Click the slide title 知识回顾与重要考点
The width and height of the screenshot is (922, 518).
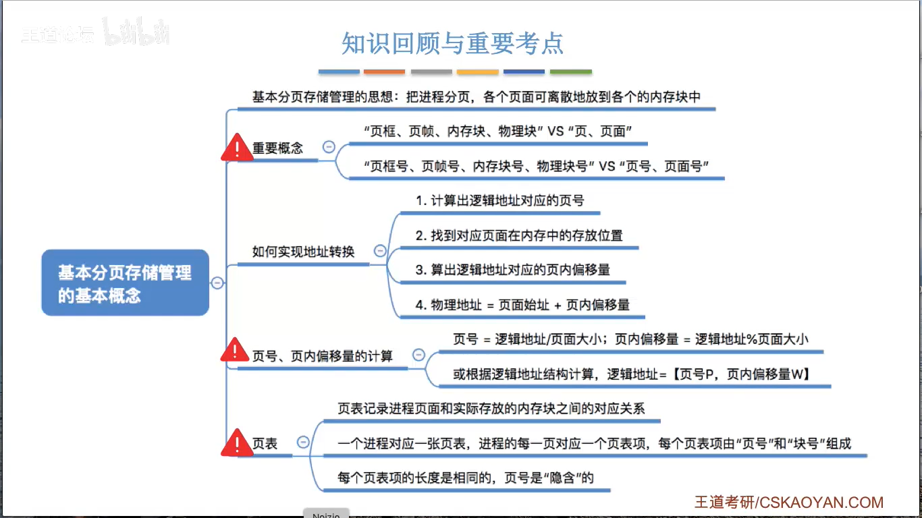452,44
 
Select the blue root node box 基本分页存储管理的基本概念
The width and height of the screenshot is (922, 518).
126,283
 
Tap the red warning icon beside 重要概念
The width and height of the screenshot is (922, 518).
236,147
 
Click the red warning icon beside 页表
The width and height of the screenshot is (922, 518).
236,442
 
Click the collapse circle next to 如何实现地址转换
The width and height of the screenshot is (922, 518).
380,251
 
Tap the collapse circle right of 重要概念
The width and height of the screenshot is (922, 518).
329,147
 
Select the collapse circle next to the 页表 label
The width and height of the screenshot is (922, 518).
303,442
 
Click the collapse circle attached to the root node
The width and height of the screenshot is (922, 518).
217,283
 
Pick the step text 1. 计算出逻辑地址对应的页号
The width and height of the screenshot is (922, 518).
499,200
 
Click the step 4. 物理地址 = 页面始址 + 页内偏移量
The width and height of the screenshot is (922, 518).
522,305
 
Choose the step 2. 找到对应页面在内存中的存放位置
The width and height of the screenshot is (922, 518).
519,235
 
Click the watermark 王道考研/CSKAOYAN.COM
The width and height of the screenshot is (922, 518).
789,502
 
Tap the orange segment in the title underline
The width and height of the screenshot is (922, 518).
384,71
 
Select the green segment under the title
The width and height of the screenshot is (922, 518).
570,71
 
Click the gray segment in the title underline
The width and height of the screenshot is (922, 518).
431,71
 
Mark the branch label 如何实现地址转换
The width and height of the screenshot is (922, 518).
303,252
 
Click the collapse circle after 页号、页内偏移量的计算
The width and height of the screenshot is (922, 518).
418,355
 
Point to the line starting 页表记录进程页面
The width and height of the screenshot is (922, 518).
491,408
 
